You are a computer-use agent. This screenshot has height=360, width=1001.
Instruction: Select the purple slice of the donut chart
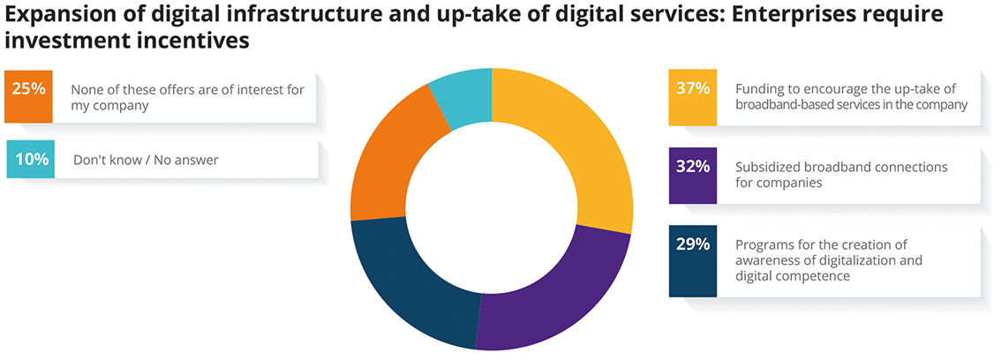[x=547, y=291]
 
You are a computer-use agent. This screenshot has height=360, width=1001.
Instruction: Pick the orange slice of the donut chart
[x=388, y=159]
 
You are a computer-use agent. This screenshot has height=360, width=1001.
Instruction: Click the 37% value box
[x=692, y=89]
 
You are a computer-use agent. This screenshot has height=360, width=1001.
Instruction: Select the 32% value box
[x=692, y=167]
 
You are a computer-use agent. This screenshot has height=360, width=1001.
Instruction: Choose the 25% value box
[x=29, y=89]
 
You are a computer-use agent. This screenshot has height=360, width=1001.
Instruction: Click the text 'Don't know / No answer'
[x=144, y=160]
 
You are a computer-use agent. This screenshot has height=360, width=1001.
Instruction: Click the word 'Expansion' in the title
[x=52, y=15]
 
